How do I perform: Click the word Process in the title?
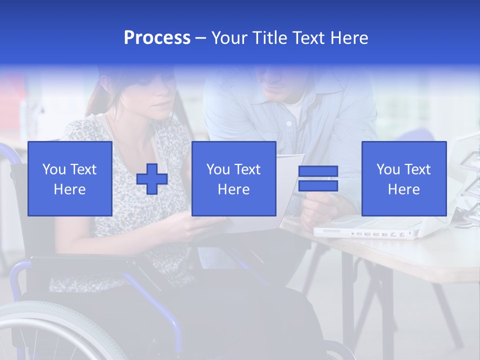pyautogui.click(x=157, y=38)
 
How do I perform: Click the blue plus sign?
pyautogui.click(x=152, y=178)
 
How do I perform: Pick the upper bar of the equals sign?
pyautogui.click(x=318, y=171)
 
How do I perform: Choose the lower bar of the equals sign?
pyautogui.click(x=318, y=186)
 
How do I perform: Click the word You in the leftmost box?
pyautogui.click(x=54, y=169)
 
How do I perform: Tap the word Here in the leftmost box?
pyautogui.click(x=70, y=189)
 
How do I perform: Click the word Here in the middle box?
pyautogui.click(x=234, y=189)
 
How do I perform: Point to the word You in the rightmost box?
pyautogui.click(x=388, y=169)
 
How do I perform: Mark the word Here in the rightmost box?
pyautogui.click(x=404, y=189)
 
